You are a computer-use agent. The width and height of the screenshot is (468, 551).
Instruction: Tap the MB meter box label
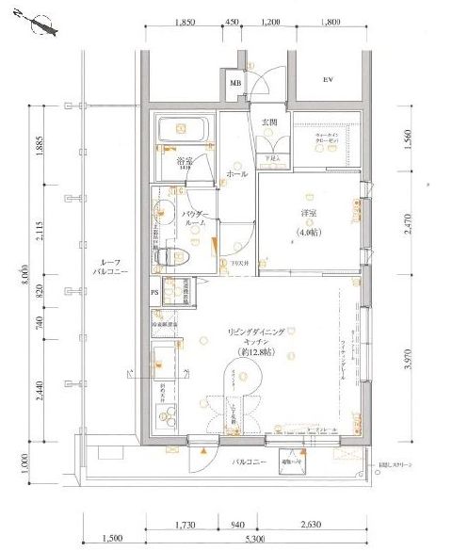pos(235,84)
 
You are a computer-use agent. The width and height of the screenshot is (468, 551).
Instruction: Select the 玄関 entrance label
pos(268,122)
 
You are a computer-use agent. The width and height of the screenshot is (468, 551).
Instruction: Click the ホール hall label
pos(237,174)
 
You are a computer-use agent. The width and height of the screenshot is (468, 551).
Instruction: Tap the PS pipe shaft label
pos(155,291)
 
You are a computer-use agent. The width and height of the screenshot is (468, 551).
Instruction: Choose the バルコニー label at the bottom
pos(250,463)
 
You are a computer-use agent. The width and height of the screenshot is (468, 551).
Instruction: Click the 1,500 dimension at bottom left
pos(111,540)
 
